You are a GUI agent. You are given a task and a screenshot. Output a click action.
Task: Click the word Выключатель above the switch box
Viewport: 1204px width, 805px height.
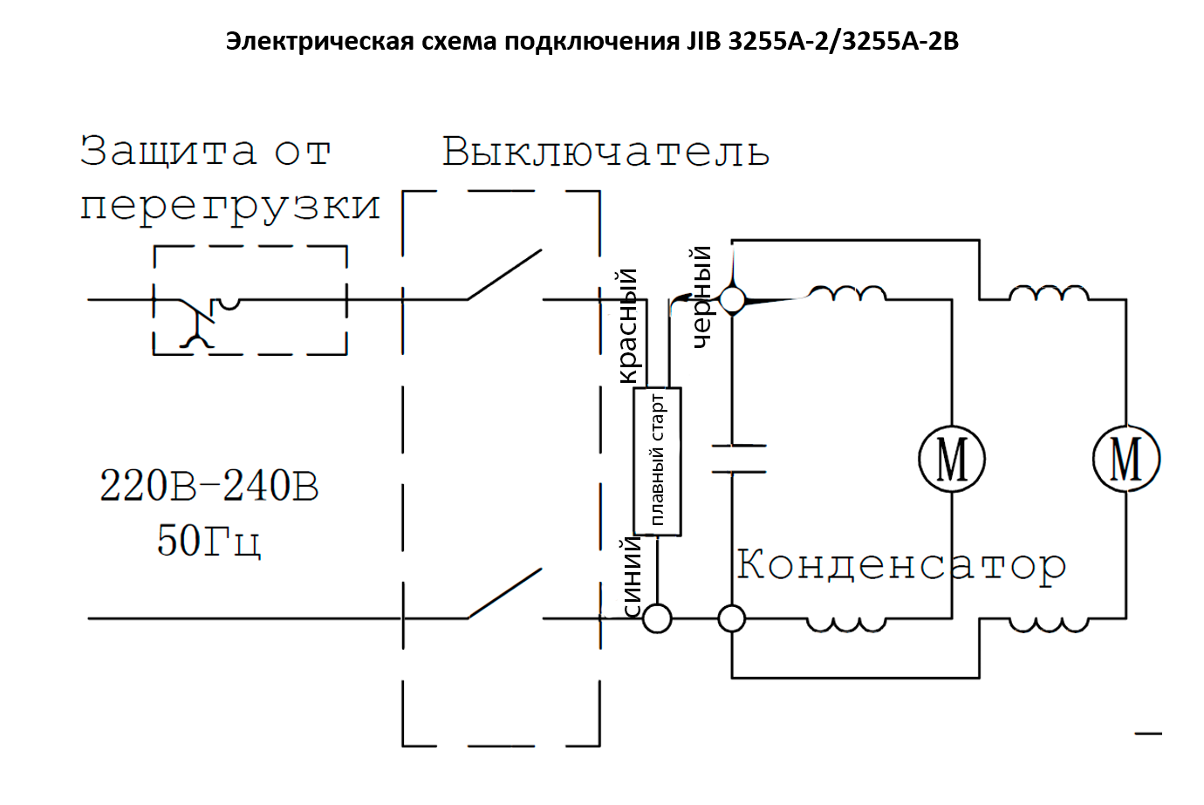pyautogui.click(x=605, y=152)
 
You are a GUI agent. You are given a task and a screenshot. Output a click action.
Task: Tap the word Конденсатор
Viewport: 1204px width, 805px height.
pyautogui.click(x=901, y=565)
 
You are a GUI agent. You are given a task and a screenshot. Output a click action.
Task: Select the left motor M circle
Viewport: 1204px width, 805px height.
pyautogui.click(x=952, y=459)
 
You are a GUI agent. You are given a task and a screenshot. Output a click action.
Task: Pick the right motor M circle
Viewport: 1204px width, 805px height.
pyautogui.click(x=1126, y=459)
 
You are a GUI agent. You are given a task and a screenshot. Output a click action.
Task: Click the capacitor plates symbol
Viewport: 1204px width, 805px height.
pyautogui.click(x=738, y=459)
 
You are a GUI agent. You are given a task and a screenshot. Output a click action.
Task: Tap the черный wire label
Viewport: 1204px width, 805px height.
pyautogui.click(x=701, y=297)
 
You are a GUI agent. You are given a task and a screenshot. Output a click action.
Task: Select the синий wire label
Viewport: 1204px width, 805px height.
pyautogui.click(x=632, y=576)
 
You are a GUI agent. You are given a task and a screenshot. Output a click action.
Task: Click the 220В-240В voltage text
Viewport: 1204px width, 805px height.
pyautogui.click(x=209, y=487)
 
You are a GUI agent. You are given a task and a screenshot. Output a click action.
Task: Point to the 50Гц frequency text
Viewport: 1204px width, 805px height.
pyautogui.click(x=209, y=541)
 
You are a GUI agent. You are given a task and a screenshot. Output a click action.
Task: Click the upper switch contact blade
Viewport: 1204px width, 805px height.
pyautogui.click(x=504, y=276)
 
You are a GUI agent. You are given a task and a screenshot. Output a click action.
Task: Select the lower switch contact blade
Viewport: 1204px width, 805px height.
pyautogui.click(x=504, y=594)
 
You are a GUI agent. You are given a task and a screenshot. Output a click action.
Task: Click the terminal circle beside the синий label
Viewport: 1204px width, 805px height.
pyautogui.click(x=657, y=618)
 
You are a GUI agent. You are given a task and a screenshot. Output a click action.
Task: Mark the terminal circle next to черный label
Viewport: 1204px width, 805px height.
pyautogui.click(x=732, y=300)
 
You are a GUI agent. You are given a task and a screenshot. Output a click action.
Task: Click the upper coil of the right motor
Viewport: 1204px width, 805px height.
pyautogui.click(x=1049, y=294)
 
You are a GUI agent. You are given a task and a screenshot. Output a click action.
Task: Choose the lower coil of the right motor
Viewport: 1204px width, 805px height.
pyautogui.click(x=1049, y=624)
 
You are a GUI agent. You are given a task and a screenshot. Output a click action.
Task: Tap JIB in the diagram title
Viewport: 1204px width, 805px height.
pyautogui.click(x=703, y=41)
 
